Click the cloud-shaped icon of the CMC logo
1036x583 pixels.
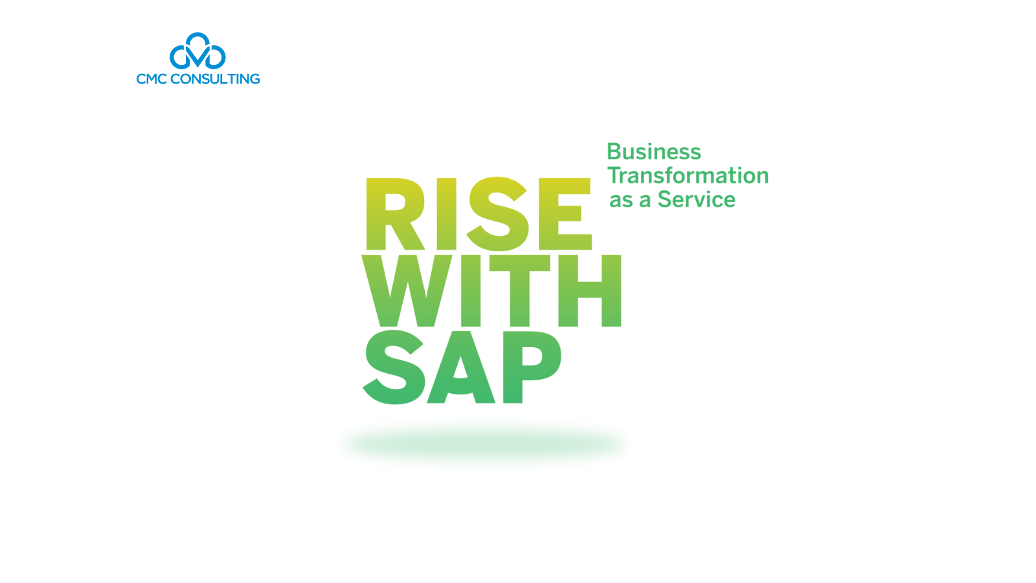[x=197, y=52]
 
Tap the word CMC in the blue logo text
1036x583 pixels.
[x=152, y=79]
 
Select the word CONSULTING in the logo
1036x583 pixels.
[x=215, y=79]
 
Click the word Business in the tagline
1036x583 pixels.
[x=654, y=152]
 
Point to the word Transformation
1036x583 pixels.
[x=688, y=176]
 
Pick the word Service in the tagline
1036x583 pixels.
[x=697, y=200]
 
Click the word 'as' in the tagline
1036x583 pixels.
[x=621, y=200]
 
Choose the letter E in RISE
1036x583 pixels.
[x=565, y=214]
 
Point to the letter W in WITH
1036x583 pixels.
[x=408, y=291]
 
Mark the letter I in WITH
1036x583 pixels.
[x=470, y=291]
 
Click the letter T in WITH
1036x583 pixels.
[x=520, y=291]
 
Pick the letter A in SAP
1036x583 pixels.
[x=460, y=367]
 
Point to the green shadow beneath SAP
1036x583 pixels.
[x=486, y=444]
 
